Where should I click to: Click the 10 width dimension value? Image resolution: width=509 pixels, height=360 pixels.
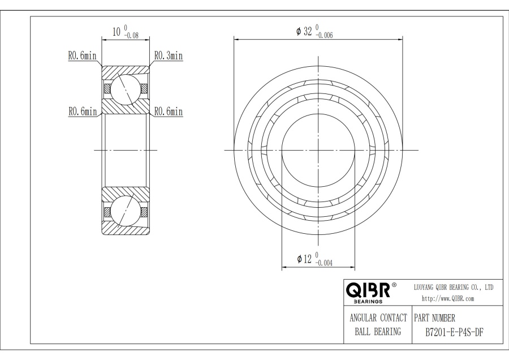[117, 32]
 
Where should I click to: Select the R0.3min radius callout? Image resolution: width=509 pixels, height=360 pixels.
[168, 55]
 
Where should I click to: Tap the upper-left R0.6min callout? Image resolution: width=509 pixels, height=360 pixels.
[82, 55]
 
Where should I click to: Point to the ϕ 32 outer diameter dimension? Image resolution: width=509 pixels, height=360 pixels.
[304, 31]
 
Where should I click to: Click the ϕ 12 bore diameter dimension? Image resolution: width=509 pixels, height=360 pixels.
[304, 259]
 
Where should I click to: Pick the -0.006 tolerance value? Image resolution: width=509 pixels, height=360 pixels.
[324, 36]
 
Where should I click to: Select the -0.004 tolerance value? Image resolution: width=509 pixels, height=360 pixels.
[323, 263]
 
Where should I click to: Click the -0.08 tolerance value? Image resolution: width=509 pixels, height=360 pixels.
[131, 36]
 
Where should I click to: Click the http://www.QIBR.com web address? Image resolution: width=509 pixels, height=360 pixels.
[448, 299]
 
